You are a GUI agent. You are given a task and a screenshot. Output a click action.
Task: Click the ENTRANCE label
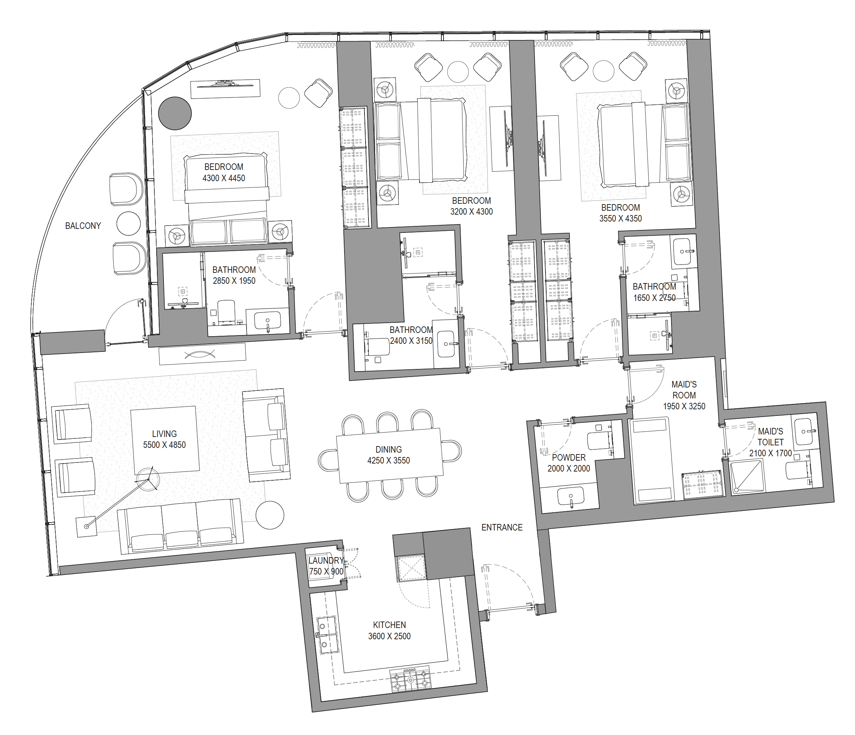502,527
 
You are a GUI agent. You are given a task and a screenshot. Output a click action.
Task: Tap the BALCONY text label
83,226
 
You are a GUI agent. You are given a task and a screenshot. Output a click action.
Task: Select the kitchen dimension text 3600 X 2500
389,636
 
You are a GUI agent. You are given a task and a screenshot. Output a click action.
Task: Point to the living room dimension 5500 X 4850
164,445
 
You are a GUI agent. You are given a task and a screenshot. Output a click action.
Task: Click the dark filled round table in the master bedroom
175,114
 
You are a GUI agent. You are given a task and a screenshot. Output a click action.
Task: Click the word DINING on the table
388,449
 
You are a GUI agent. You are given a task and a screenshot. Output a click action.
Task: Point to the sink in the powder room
571,496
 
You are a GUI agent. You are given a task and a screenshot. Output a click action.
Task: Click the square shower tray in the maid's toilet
747,477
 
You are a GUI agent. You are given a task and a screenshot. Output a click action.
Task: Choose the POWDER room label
569,458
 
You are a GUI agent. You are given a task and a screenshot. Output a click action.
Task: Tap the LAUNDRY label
326,560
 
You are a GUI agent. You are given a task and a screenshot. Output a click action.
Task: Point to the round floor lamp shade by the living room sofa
270,515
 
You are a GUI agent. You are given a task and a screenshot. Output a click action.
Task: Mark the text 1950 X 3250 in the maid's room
684,406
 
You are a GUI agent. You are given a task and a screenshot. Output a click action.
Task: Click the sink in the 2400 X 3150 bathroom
446,343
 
